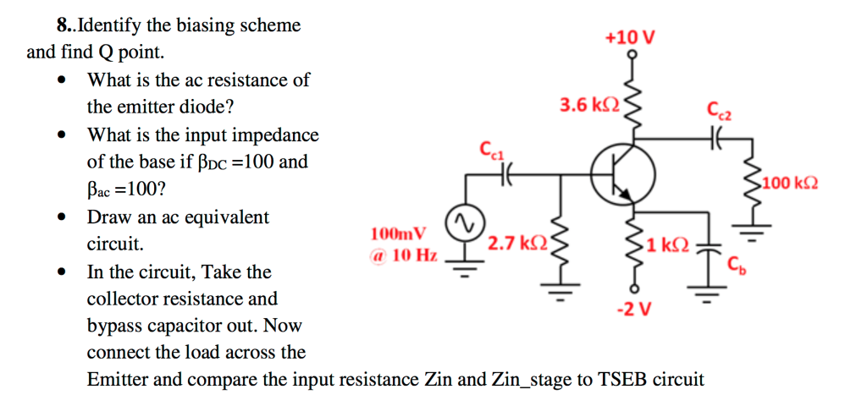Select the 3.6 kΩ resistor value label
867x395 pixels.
[589, 105]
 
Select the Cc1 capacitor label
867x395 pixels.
[491, 151]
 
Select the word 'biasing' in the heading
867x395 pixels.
[179, 25]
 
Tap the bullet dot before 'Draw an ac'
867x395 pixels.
[61, 217]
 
